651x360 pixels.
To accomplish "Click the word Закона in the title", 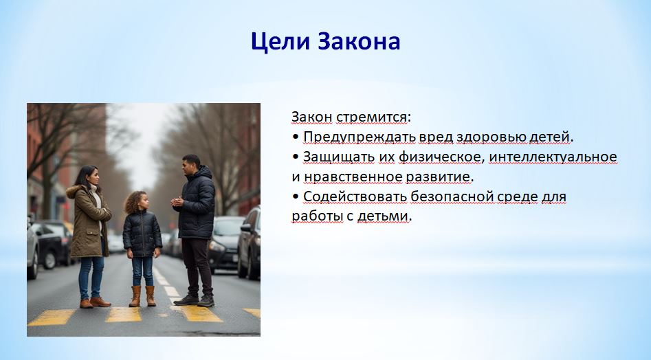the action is point(359,41).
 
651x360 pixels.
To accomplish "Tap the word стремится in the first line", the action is point(371,117).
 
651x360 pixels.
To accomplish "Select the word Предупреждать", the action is point(360,137).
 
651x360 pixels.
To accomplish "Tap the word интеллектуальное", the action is point(553,157).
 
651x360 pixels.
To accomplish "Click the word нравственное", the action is point(353,177).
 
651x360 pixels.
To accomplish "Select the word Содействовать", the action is point(355,196).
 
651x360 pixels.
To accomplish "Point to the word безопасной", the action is point(451,196).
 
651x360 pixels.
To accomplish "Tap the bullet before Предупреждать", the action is point(296,137).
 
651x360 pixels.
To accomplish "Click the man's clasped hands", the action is point(177,201).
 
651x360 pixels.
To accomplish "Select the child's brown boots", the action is point(142,296).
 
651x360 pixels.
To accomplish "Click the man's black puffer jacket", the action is point(196,203).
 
